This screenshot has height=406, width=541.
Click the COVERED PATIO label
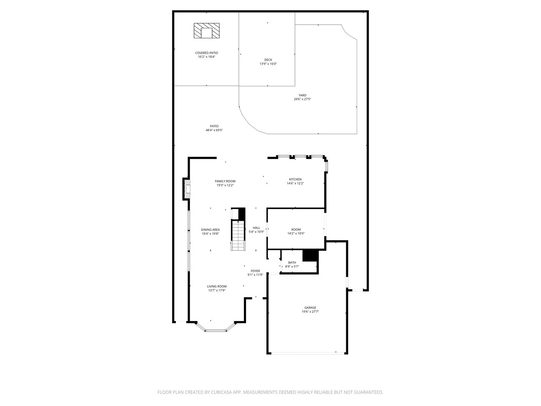[206, 53]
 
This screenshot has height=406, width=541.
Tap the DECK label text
[268, 60]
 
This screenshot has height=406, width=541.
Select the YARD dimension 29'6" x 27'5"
[302, 99]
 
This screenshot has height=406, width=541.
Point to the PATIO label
[214, 126]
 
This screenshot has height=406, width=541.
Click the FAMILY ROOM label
[225, 181]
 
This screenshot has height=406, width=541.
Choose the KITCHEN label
[295, 179]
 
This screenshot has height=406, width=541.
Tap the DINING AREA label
[210, 230]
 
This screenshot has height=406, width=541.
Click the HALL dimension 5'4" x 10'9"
[256, 232]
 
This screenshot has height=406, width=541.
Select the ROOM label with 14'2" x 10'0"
[296, 229]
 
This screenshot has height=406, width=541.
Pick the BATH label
[292, 263]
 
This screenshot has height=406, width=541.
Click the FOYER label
[255, 271]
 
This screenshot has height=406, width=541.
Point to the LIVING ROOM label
[216, 286]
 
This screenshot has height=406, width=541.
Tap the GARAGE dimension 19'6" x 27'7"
[310, 311]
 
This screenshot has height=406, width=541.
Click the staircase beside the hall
[238, 236]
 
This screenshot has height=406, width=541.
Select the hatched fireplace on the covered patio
[206, 30]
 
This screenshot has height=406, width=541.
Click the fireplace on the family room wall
[186, 189]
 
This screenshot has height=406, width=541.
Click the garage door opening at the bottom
[307, 353]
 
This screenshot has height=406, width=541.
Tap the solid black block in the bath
[310, 256]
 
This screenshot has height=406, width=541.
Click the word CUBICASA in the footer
[221, 392]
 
